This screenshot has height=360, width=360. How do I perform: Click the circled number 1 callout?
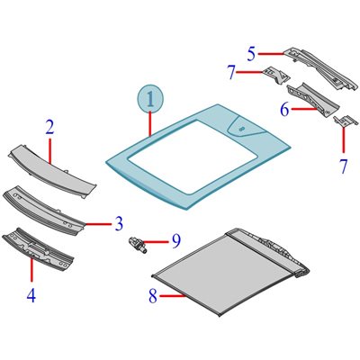150,100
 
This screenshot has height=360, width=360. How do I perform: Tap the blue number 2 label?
49,128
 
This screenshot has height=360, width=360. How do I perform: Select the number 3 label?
119,224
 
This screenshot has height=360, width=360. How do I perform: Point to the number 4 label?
31,295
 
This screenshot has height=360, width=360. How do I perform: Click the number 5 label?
252,54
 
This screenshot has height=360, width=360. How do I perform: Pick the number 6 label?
284,110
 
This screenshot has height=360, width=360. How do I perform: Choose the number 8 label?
153,296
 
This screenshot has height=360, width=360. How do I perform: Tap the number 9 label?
176,241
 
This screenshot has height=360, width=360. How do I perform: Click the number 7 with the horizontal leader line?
231,73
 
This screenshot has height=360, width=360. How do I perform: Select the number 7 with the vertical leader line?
344,166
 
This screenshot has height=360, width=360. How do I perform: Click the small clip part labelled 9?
138,245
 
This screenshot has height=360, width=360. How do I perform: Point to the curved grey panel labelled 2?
52,170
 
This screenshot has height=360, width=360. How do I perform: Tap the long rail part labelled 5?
321,69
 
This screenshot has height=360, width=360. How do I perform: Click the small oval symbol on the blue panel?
241,129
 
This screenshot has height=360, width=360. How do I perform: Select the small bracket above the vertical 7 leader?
346,121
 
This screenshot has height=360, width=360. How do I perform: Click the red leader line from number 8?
172,296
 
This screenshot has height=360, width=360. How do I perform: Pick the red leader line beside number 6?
304,109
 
